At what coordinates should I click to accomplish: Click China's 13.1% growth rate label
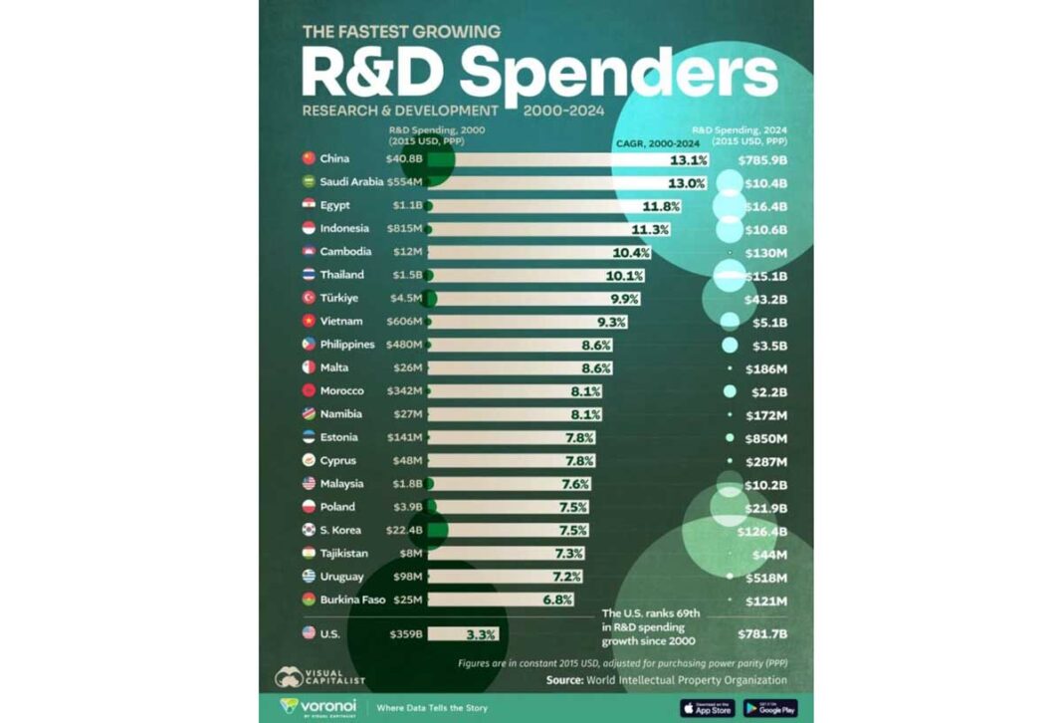click(x=688, y=159)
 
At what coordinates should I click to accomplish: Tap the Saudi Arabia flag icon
click(x=309, y=182)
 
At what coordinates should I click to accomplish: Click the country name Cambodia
click(x=346, y=252)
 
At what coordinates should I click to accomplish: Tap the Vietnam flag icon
click(x=309, y=321)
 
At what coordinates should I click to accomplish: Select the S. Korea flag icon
click(x=309, y=530)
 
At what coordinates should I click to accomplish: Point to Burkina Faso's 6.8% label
click(x=557, y=600)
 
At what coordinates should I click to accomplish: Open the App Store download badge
click(x=708, y=708)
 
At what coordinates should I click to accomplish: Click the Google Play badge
click(x=770, y=708)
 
